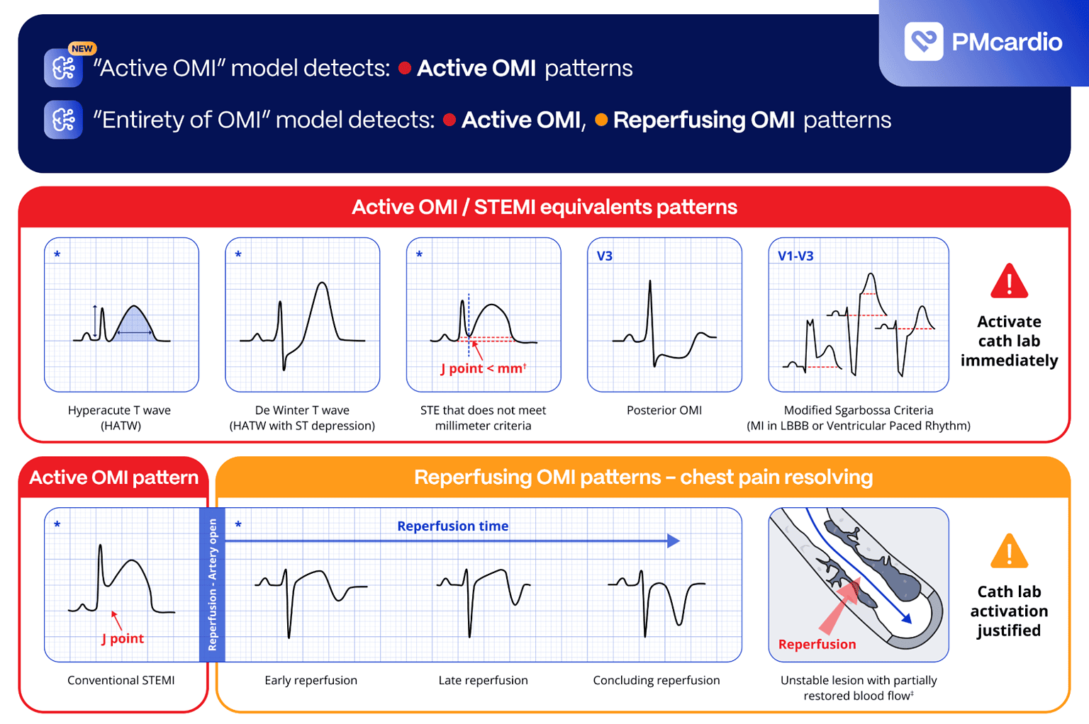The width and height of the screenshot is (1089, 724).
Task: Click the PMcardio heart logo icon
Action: [923, 41]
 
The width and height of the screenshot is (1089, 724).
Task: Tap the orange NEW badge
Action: [82, 49]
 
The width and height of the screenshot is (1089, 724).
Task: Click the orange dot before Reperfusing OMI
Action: [601, 120]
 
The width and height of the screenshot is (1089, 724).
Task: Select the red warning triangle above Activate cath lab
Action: [1009, 281]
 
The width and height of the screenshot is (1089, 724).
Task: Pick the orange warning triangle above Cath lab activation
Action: [1009, 552]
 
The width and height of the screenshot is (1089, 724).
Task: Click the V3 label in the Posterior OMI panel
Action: [604, 256]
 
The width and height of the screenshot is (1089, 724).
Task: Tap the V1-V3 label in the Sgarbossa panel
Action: [795, 256]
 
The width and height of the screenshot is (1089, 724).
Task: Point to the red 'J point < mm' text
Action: [483, 368]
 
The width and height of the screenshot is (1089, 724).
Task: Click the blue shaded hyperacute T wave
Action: [134, 327]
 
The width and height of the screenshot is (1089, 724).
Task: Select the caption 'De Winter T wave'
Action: [302, 410]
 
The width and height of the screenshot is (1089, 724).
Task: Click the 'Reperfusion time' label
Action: [452, 526]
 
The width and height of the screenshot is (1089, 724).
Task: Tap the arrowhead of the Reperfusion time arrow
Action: [674, 541]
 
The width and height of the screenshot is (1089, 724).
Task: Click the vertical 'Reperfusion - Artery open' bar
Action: [212, 584]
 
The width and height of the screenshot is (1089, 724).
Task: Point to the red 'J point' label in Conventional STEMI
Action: [123, 638]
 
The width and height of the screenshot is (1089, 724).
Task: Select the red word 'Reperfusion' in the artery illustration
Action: [817, 645]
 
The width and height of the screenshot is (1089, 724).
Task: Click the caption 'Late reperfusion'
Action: [483, 681]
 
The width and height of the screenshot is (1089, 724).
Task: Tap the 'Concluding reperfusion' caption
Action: [656, 681]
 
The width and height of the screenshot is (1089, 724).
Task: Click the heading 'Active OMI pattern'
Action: [113, 477]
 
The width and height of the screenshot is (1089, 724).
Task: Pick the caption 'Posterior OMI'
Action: [664, 410]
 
